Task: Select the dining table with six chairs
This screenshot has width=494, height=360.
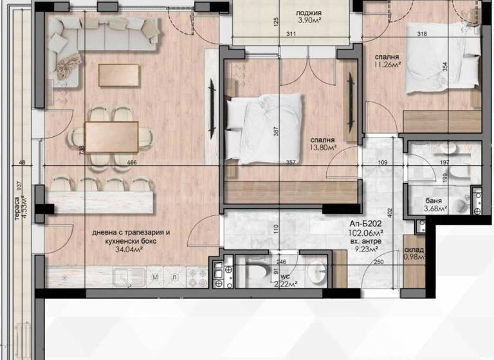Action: tap(111, 136)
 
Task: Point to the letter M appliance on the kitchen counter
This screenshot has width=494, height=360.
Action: tap(156, 277)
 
